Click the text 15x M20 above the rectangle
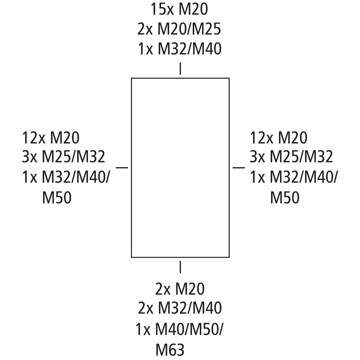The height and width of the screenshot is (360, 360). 179,9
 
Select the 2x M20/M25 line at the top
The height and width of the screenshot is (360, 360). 179,29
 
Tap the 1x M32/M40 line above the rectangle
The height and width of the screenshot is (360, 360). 180,49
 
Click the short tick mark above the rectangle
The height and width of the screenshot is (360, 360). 180,69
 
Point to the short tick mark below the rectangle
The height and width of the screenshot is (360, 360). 180,267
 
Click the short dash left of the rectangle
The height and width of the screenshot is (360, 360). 121,167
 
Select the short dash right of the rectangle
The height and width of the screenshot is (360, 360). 239,167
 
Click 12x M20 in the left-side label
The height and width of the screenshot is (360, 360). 51,138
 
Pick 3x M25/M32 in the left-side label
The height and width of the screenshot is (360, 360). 63,157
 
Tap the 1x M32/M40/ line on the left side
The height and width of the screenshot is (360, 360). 66,177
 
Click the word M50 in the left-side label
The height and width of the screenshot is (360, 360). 57,198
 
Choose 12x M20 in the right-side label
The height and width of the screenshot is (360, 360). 279,138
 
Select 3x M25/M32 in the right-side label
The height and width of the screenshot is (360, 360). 291,157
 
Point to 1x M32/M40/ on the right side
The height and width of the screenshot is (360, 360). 294,177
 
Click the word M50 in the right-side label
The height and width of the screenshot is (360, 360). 285,198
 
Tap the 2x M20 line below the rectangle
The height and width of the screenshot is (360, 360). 180,289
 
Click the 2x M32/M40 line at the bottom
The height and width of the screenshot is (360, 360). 180,308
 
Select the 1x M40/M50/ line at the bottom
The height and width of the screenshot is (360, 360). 179,329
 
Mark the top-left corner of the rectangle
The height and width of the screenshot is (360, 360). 131,78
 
